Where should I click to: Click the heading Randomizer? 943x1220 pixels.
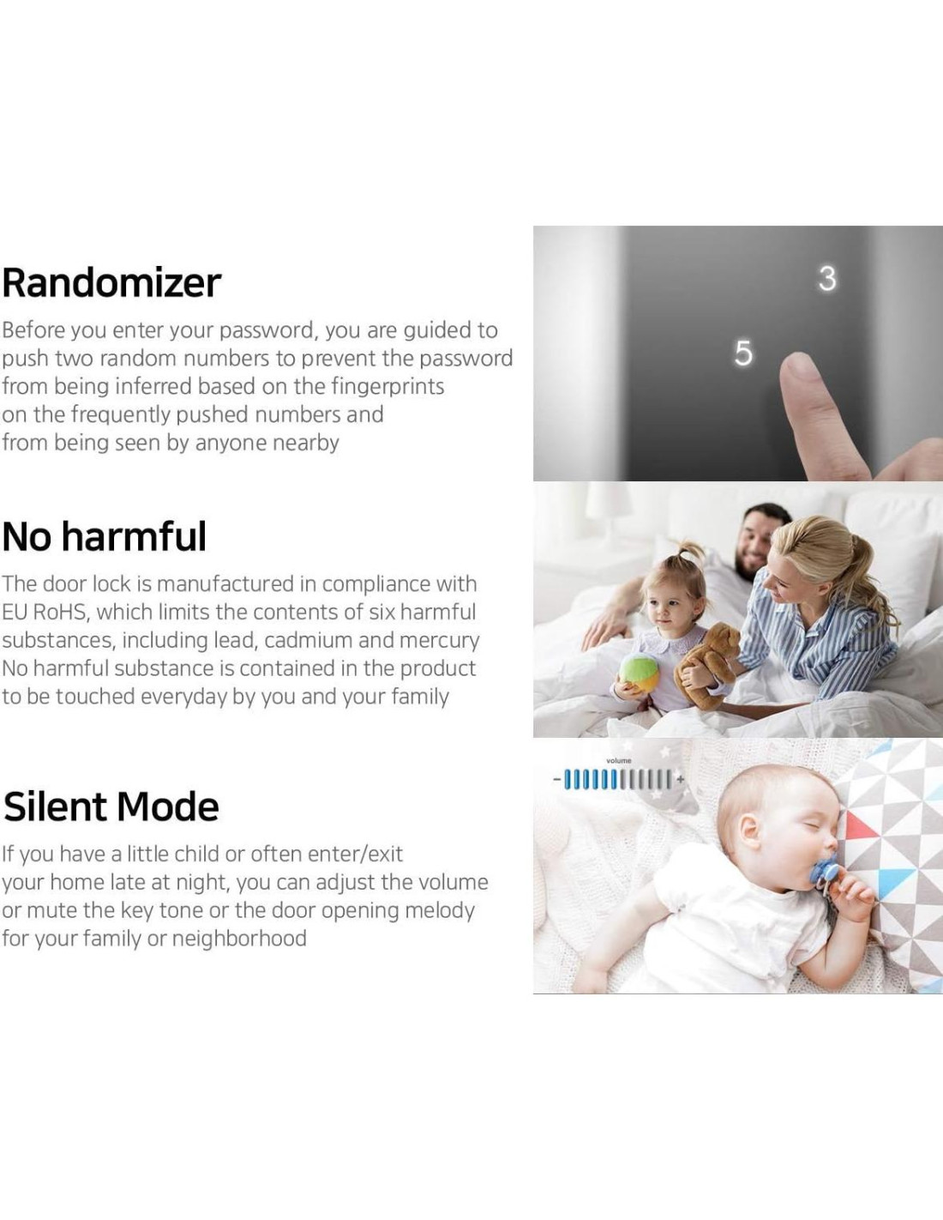(x=111, y=282)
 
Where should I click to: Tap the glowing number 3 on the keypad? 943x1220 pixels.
(x=827, y=279)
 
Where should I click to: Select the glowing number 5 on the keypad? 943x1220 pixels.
(x=743, y=353)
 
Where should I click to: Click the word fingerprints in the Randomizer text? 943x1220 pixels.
(x=387, y=386)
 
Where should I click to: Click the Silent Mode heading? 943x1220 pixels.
(x=111, y=806)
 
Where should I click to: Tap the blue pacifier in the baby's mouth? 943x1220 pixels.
(x=823, y=877)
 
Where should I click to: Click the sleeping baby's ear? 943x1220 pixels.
(x=750, y=830)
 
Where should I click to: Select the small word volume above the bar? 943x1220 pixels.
(x=619, y=760)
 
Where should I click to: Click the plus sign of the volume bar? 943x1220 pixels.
(x=681, y=779)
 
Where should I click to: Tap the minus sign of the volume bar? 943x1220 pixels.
(x=556, y=779)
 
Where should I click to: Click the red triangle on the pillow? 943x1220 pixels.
(x=858, y=826)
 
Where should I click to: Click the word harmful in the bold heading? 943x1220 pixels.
(x=134, y=536)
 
